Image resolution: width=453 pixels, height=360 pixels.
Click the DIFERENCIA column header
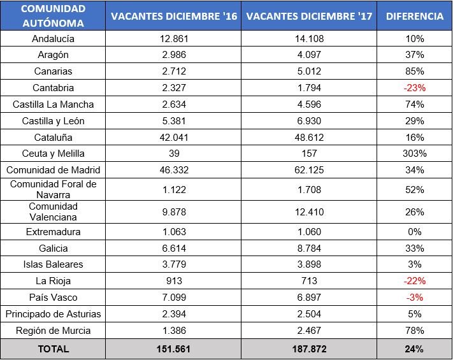[x=414, y=17]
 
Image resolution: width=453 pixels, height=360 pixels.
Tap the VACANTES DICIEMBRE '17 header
[x=309, y=17]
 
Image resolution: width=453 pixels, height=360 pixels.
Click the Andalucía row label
[x=52, y=38]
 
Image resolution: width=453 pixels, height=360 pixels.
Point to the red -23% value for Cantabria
[x=414, y=88]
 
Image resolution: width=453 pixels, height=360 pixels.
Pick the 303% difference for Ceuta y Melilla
[x=414, y=154]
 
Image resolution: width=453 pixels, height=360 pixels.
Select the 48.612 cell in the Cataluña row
[x=309, y=137]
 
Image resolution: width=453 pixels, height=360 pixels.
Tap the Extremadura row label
[x=52, y=232]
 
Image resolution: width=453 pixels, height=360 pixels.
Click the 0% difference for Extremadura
[x=414, y=232]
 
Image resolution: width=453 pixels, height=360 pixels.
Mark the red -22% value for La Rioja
[x=414, y=281]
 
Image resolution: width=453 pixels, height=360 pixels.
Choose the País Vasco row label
[x=52, y=298]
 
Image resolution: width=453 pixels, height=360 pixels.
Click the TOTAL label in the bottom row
[x=52, y=349]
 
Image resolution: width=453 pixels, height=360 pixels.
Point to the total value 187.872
[x=309, y=349]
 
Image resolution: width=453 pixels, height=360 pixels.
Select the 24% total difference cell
[x=414, y=349]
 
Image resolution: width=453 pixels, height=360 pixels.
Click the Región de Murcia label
[x=52, y=330]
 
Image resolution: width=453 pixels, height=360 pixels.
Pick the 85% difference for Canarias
[x=414, y=71]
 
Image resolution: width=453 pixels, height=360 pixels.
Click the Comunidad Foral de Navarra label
[x=52, y=189]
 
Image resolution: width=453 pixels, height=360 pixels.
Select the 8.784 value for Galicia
[x=309, y=248]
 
